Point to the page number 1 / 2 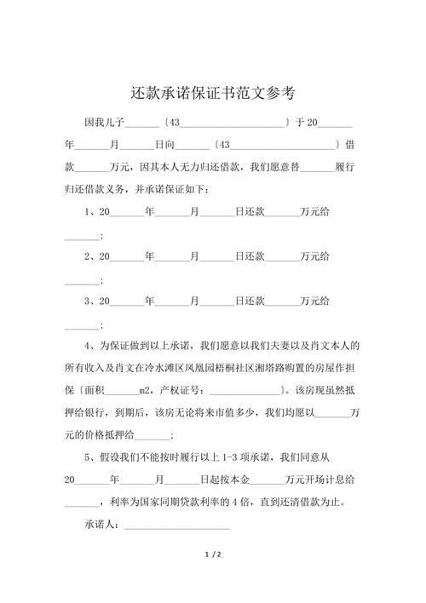pos(213,554)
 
